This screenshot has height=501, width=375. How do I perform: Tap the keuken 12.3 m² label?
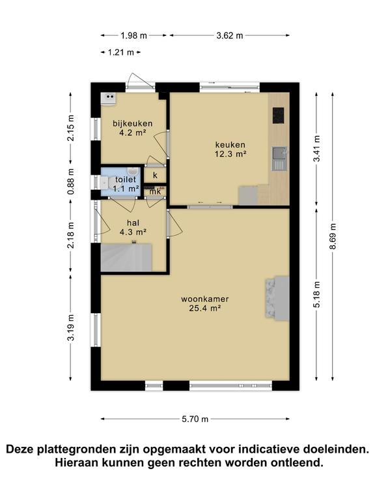pyautogui.click(x=231, y=149)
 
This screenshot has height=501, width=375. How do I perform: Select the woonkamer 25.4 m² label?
pyautogui.click(x=205, y=304)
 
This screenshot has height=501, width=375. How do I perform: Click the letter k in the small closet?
pyautogui.click(x=155, y=175)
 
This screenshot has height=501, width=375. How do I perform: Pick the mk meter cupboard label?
pyautogui.click(x=155, y=191)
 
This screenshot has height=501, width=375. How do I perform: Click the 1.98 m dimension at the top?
pyautogui.click(x=133, y=35)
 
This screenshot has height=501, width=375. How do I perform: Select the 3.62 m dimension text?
pyautogui.click(x=229, y=35)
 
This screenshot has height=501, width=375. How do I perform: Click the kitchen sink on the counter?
pyautogui.click(x=279, y=156)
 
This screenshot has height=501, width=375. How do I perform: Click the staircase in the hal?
pyautogui.click(x=126, y=256)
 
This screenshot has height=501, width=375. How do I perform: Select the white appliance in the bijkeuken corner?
pyautogui.click(x=109, y=99)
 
